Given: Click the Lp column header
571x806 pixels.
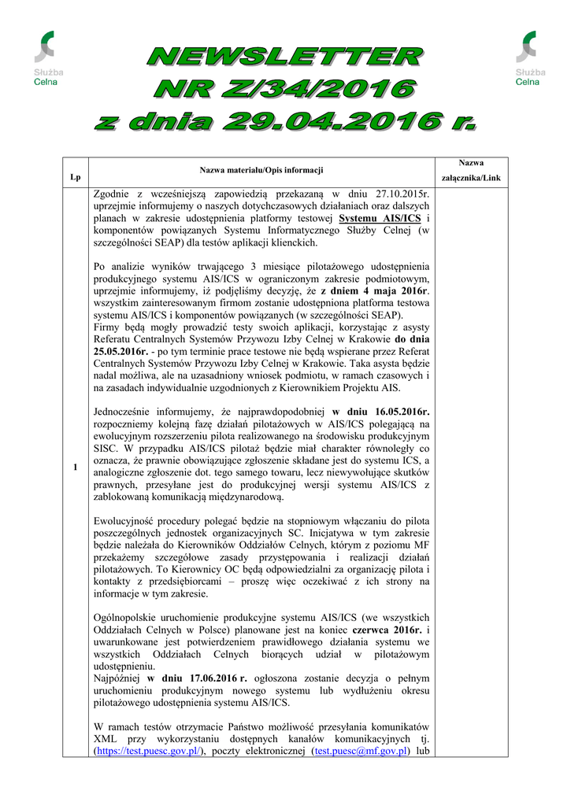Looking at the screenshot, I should (75, 178).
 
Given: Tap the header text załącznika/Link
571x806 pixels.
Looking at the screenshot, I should (471, 178).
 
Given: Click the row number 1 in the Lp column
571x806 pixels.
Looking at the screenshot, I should (75, 468).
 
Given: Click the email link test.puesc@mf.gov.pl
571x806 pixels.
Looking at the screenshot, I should (361, 751).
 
